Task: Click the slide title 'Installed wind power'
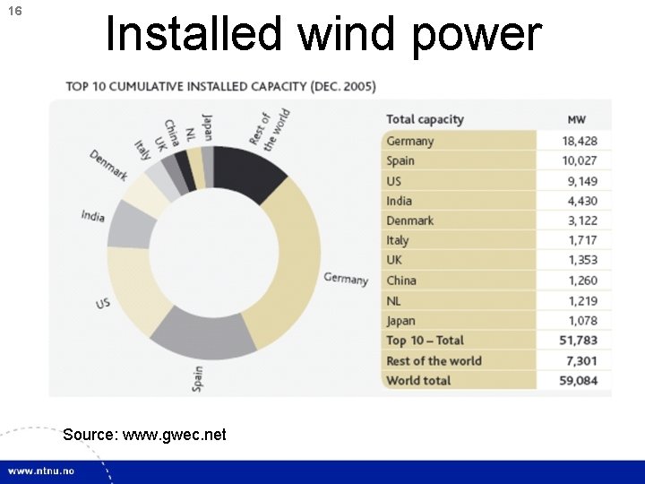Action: click(323, 34)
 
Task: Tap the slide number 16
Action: click(14, 12)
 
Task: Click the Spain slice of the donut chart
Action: click(202, 332)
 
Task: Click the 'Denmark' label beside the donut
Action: click(108, 164)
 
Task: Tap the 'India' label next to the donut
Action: click(92, 215)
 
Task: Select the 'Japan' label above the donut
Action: click(207, 126)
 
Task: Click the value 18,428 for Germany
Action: click(580, 141)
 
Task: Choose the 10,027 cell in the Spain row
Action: click(580, 160)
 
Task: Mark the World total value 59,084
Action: click(580, 380)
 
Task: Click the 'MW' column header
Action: click(578, 119)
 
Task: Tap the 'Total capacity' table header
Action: click(425, 119)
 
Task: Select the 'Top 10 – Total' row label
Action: click(425, 340)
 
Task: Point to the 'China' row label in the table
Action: click(401, 280)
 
